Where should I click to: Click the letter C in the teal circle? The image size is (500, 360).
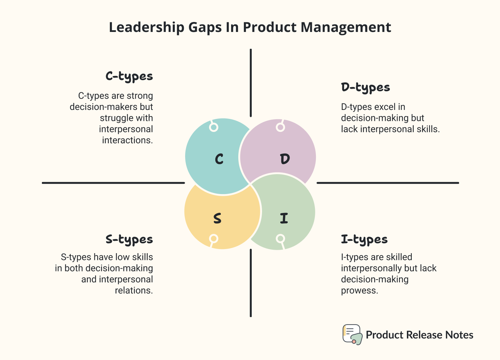tap(219, 159)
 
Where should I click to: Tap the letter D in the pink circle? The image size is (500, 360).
tap(285, 159)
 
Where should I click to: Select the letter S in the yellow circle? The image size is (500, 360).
tap(217, 218)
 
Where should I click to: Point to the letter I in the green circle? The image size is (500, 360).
tap(284, 218)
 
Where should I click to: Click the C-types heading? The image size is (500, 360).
tap(129, 76)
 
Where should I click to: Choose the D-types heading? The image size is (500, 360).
tap(365, 88)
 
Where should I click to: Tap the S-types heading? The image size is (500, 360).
tap(129, 239)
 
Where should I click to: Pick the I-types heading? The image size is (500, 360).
tap(364, 239)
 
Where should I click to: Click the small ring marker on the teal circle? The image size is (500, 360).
tap(214, 127)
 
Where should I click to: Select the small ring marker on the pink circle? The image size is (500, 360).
tap(280, 127)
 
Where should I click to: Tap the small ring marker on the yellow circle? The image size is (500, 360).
tap(214, 239)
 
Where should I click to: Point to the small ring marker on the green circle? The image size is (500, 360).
tap(280, 239)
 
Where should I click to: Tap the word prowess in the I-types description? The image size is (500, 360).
tap(359, 291)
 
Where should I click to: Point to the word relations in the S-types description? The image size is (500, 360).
tap(134, 291)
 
